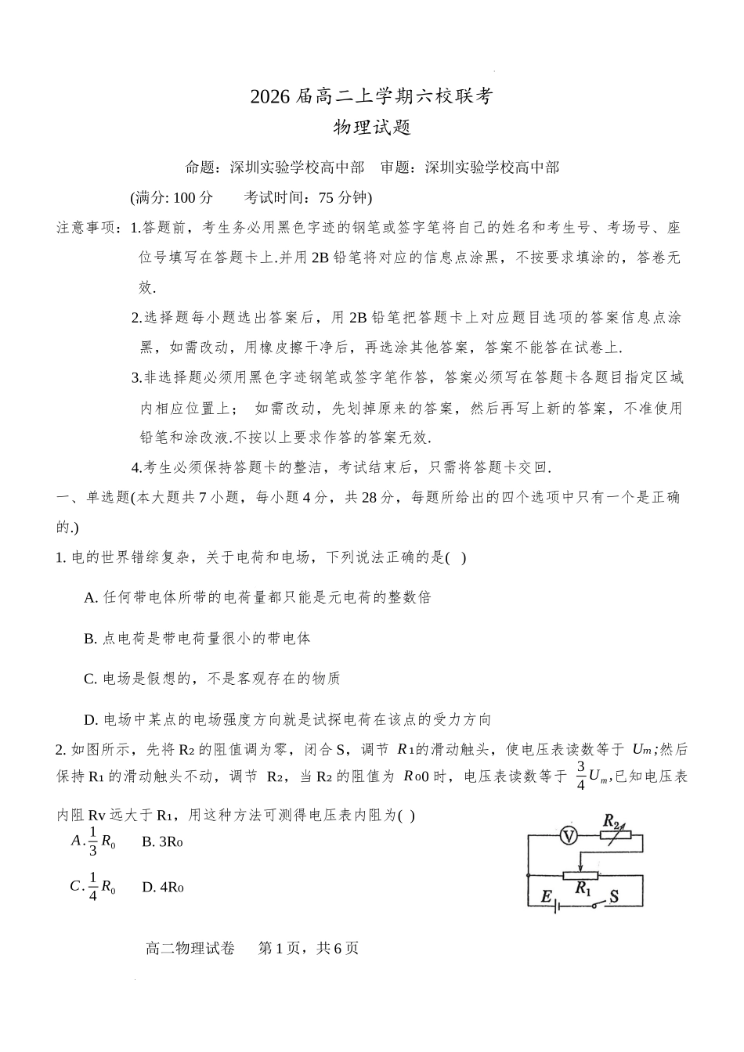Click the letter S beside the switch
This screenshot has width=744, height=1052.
coord(614,896)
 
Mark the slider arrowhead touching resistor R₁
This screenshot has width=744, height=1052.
coord(580,866)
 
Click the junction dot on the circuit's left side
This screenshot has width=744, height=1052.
coord(528,874)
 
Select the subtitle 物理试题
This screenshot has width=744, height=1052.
coord(372,128)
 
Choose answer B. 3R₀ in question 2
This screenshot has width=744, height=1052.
coord(162,842)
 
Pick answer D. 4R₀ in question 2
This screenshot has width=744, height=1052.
coord(163,887)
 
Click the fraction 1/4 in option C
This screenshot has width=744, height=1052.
coord(93,886)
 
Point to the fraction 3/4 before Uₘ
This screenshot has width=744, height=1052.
coord(580,776)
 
